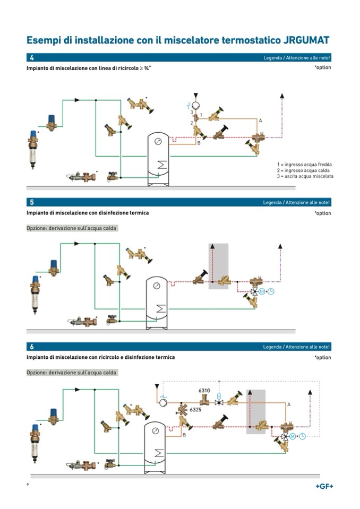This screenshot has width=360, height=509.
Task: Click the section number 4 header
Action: [32, 58]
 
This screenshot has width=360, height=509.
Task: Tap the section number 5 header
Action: [32, 202]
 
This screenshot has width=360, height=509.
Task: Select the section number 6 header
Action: [32, 347]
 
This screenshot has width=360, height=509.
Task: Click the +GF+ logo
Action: [324, 486]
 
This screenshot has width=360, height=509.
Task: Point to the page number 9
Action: [28, 485]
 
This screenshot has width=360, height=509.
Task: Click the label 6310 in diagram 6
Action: [204, 391]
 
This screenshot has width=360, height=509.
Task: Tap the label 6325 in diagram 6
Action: [196, 410]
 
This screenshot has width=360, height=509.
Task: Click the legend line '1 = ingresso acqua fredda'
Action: [304, 165]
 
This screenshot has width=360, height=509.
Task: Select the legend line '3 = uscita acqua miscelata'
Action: [305, 176]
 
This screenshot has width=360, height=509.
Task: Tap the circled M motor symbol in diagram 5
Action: [262, 291]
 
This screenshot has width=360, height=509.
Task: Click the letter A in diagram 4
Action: [260, 121]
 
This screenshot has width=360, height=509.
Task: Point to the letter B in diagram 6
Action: [184, 435]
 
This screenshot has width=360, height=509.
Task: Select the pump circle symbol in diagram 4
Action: [195, 105]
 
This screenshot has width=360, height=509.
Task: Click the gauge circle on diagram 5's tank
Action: [157, 286]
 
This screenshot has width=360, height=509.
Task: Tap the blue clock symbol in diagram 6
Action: [302, 436]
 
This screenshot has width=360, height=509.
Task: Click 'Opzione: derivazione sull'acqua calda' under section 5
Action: [72, 228]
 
